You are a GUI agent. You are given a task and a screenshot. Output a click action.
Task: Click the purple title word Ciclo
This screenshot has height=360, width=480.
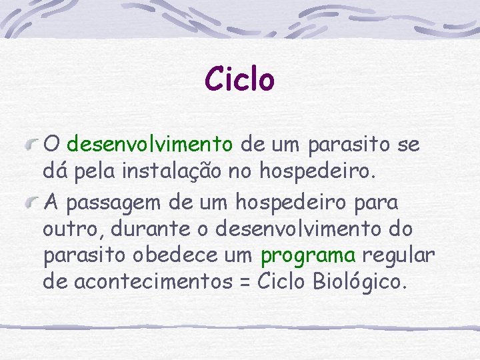point(239,79)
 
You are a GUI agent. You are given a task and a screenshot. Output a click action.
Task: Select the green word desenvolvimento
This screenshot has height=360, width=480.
point(150,143)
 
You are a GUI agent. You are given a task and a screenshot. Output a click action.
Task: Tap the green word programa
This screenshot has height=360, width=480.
point(309,255)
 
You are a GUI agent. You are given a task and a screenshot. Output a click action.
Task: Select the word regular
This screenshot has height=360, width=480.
point(399,255)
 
